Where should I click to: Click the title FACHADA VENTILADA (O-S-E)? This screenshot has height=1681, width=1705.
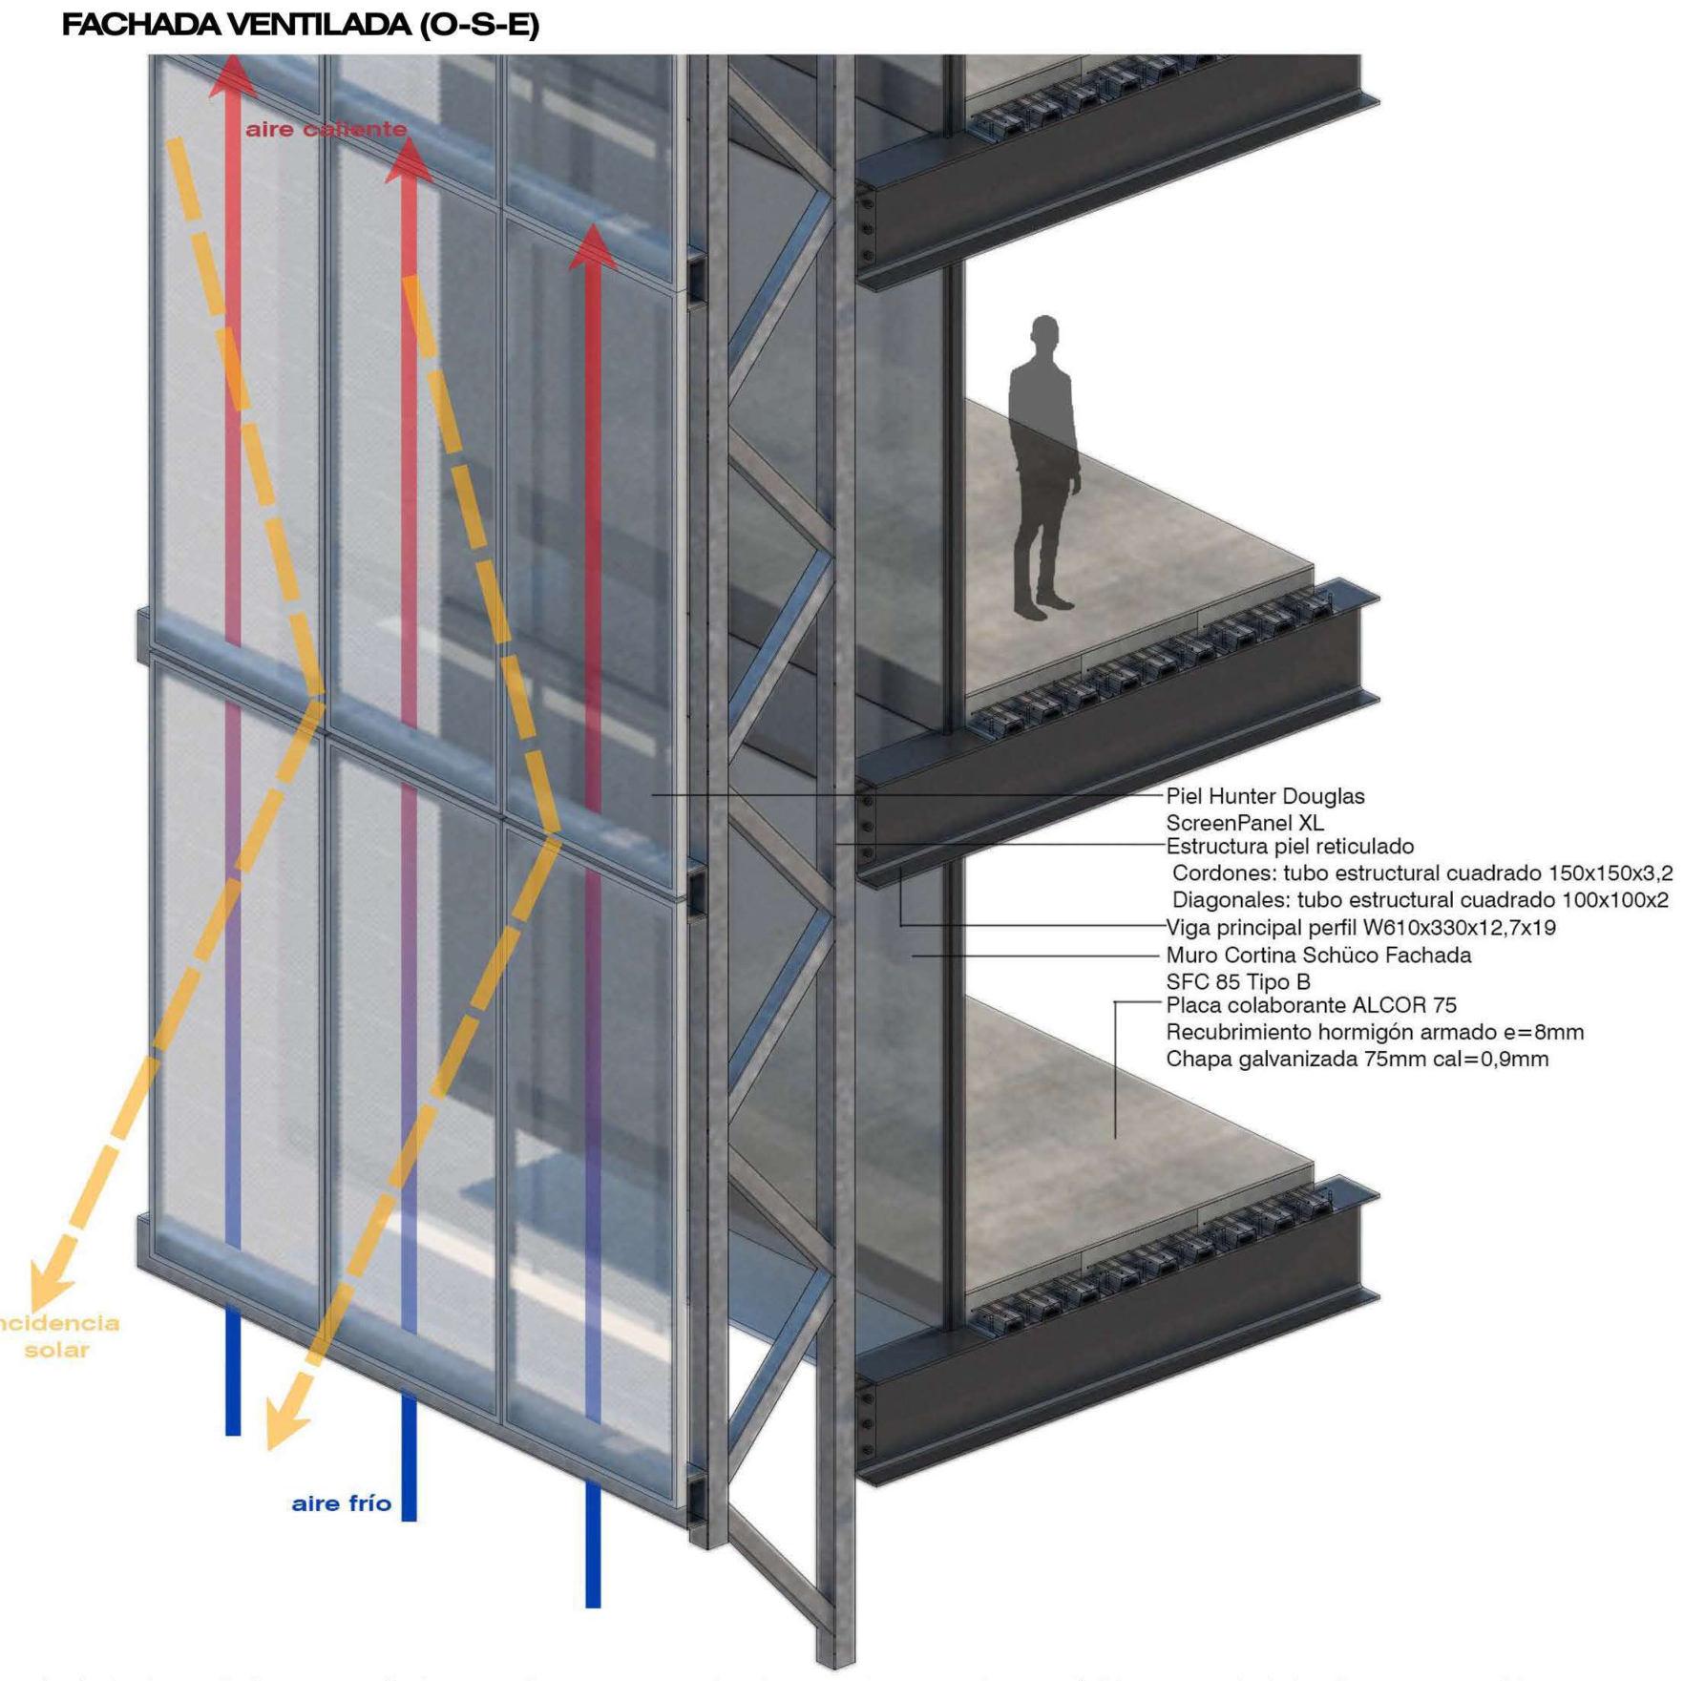coord(300,26)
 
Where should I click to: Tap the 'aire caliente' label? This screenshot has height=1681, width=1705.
coord(326,130)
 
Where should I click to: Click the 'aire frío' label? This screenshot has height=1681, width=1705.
coord(341,1503)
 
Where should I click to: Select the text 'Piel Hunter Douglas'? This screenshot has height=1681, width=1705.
coord(1265,796)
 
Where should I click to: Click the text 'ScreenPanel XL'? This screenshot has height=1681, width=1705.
coord(1244,823)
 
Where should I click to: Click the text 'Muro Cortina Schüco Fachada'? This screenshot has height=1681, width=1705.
coord(1318,955)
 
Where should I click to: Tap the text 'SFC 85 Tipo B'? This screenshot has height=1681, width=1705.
coord(1238,981)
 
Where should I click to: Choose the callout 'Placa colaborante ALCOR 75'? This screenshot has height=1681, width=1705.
coord(1311,1005)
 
